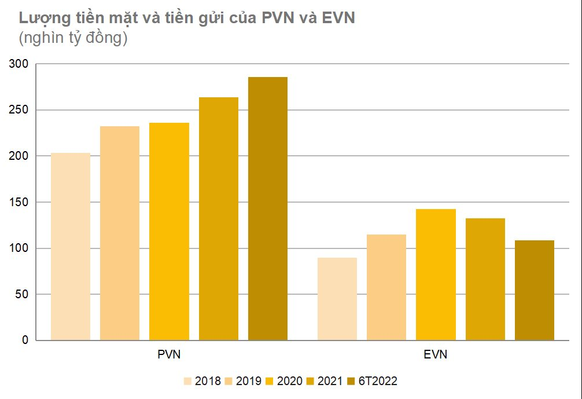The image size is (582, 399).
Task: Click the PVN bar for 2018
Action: click(x=71, y=246)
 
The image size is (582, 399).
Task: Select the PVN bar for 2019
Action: click(x=120, y=233)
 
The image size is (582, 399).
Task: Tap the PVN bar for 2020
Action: click(x=169, y=231)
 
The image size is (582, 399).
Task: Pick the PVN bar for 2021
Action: click(x=219, y=218)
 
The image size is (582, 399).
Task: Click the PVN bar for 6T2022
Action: click(x=268, y=208)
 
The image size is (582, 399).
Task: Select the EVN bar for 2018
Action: click(x=337, y=299)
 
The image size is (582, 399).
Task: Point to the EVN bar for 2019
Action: click(x=386, y=287)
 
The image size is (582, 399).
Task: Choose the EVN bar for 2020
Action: click(x=436, y=274)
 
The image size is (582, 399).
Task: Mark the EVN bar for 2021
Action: click(x=485, y=279)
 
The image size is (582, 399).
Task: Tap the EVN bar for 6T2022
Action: click(x=535, y=290)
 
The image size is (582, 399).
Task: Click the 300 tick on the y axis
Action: click(x=19, y=64)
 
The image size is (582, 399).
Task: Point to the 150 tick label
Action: click(x=19, y=202)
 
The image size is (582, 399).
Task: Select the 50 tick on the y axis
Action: click(x=21, y=294)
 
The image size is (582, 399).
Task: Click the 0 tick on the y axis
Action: click(x=25, y=341)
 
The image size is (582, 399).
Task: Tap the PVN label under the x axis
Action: click(x=169, y=354)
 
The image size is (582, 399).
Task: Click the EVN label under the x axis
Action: click(x=436, y=354)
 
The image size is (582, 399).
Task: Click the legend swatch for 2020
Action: click(x=270, y=381)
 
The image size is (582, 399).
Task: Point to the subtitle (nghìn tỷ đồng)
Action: click(x=73, y=39)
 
